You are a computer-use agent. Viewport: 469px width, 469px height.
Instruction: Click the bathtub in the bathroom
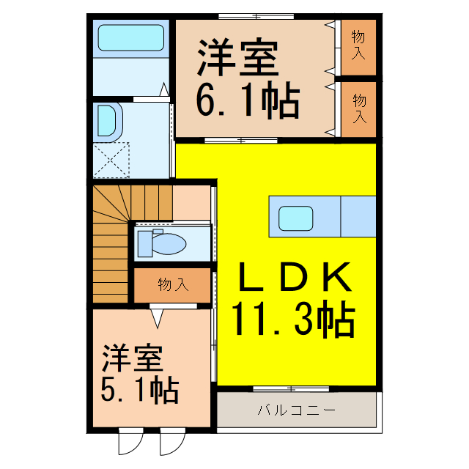(130, 38)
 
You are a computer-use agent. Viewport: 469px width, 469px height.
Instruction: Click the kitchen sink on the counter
(295, 218)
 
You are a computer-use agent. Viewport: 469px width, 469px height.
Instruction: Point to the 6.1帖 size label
(248, 103)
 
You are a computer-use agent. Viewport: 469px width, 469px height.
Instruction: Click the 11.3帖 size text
(294, 320)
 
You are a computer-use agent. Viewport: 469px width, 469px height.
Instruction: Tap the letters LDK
(294, 278)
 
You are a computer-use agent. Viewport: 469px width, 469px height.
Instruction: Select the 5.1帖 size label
(139, 391)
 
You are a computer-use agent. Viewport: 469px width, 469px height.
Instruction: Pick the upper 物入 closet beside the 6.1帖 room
(358, 45)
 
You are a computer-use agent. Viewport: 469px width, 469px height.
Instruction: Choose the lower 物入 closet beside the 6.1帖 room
(358, 108)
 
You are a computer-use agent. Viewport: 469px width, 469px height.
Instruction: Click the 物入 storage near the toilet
(172, 285)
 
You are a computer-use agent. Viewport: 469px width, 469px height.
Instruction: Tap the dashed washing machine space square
(111, 160)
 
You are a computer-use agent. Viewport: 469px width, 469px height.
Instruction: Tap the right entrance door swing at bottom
(170, 443)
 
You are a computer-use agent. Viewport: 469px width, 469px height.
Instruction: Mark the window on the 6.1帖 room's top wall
(256, 15)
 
